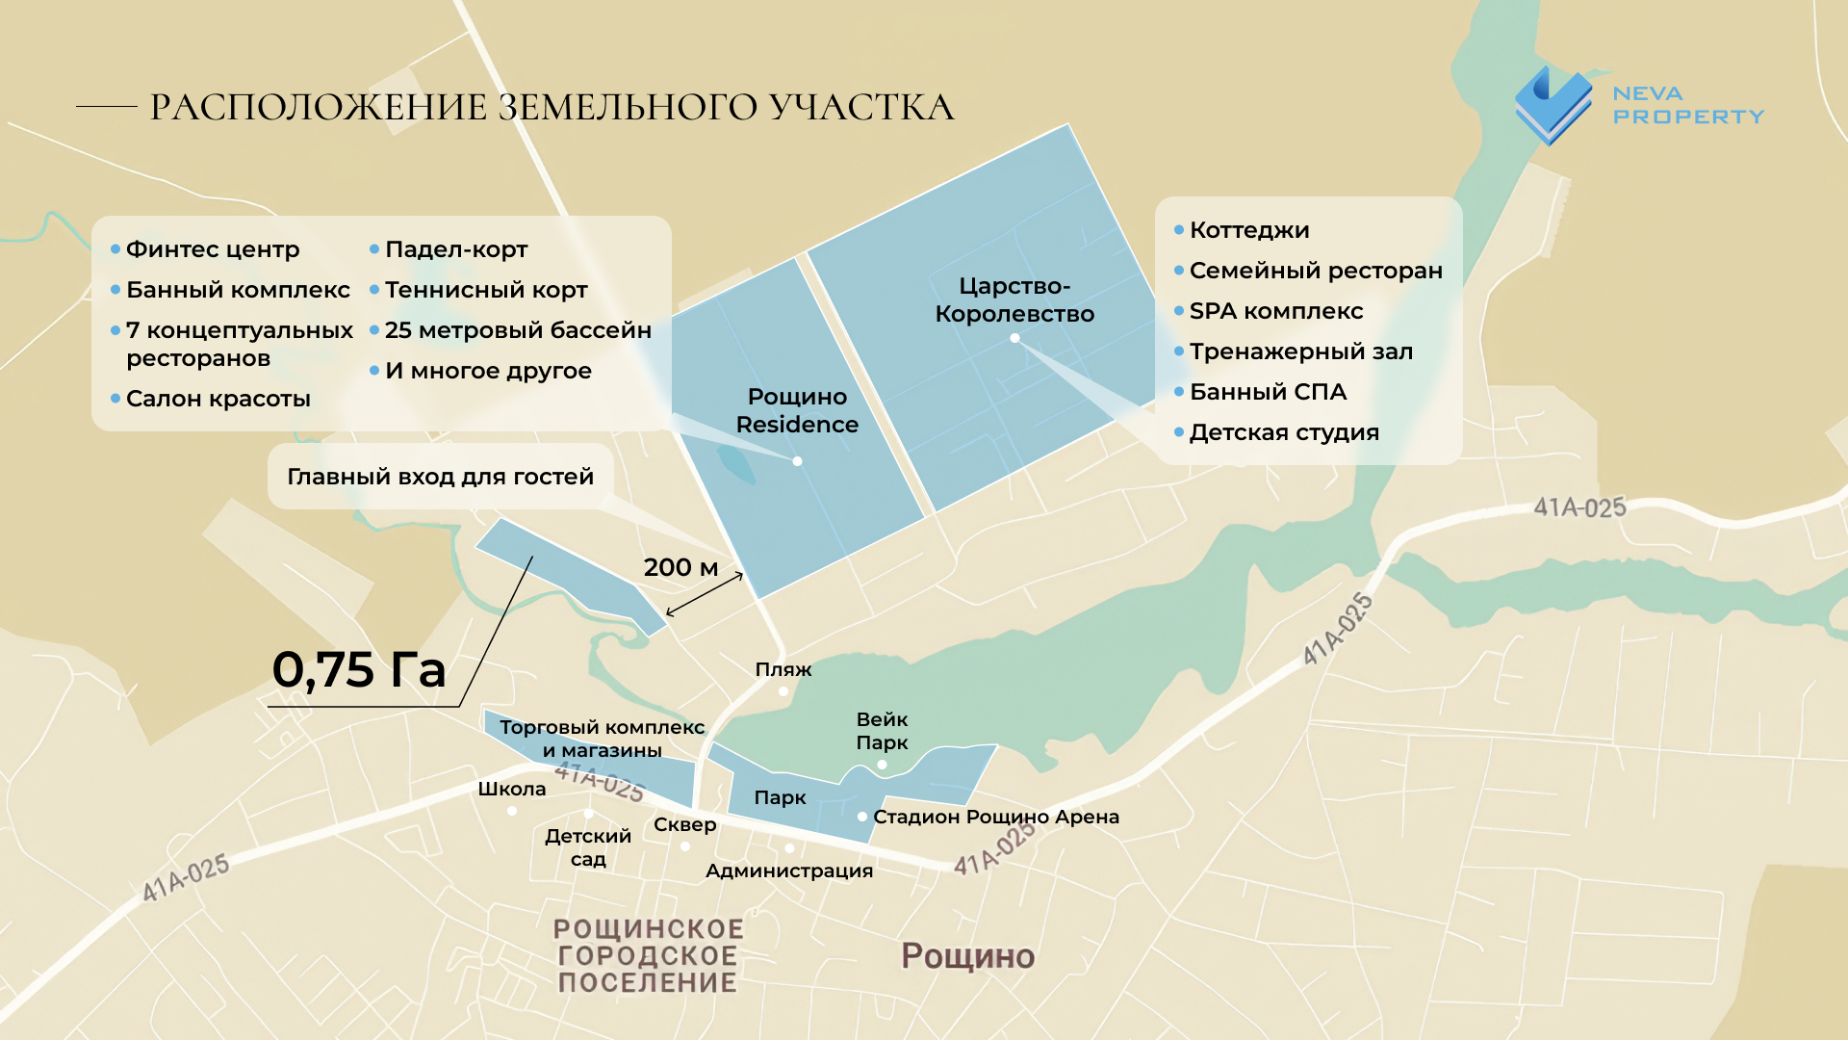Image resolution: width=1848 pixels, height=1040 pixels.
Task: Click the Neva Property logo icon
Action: [x=1553, y=106]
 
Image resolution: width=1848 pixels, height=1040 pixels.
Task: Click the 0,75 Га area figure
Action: [x=359, y=669]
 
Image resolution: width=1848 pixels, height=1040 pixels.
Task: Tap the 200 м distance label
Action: [x=680, y=567]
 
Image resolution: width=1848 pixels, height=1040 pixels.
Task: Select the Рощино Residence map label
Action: [x=797, y=410]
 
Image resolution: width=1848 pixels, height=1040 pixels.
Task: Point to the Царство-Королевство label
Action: [x=1014, y=299]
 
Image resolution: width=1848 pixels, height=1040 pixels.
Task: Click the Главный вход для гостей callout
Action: [x=440, y=477]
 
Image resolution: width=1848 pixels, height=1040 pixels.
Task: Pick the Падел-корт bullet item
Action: [x=455, y=249]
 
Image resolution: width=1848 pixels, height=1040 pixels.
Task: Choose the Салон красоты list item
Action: [x=218, y=399]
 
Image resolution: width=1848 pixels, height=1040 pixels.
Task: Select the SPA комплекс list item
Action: [x=1275, y=311]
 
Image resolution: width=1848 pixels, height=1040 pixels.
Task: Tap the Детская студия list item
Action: [x=1283, y=432]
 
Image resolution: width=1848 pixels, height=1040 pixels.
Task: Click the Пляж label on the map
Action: [x=783, y=669]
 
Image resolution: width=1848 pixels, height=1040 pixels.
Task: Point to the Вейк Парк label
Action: [x=882, y=731]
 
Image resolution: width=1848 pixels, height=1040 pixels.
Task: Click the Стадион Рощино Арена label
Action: [x=995, y=817]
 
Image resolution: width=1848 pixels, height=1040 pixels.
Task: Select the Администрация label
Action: [x=789, y=871]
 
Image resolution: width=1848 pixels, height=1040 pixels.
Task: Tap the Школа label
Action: [x=511, y=789]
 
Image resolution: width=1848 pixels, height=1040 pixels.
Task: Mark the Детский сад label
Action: [x=588, y=847]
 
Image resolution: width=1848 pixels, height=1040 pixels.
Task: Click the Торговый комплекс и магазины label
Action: [x=602, y=739]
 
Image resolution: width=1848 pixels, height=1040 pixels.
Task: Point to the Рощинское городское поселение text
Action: [x=648, y=955]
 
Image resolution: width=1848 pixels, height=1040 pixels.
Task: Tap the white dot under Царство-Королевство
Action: [x=1014, y=338]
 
